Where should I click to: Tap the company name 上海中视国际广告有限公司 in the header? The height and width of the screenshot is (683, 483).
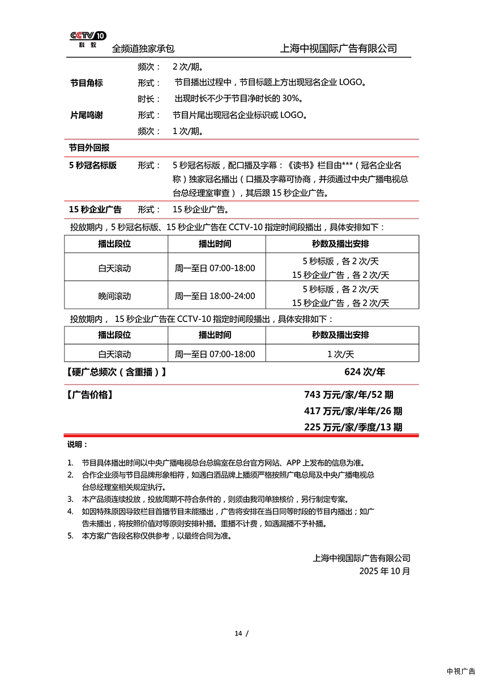click(x=338, y=49)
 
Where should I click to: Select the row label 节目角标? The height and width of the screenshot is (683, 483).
click(x=86, y=83)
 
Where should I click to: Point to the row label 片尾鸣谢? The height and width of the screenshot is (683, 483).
click(x=86, y=115)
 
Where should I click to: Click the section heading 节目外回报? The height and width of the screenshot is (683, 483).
click(x=89, y=148)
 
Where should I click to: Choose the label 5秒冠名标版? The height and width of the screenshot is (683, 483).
click(x=93, y=165)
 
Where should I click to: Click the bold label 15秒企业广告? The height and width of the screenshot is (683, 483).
click(x=95, y=209)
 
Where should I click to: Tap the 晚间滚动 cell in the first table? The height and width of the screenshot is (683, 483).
click(x=114, y=296)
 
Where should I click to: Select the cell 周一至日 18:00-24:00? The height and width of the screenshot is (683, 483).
click(x=215, y=296)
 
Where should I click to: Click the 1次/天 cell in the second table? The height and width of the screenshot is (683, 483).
click(x=340, y=354)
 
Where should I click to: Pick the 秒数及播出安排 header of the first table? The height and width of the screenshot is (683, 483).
click(x=340, y=244)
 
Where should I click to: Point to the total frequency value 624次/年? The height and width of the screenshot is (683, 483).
click(x=364, y=372)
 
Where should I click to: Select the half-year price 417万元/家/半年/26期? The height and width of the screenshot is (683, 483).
click(x=353, y=411)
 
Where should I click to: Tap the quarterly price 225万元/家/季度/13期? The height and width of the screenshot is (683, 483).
click(x=353, y=427)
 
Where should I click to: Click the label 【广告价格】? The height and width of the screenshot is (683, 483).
click(x=89, y=395)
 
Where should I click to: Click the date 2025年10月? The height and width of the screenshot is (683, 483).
click(x=384, y=571)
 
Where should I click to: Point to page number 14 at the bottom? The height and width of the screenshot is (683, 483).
click(x=238, y=633)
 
